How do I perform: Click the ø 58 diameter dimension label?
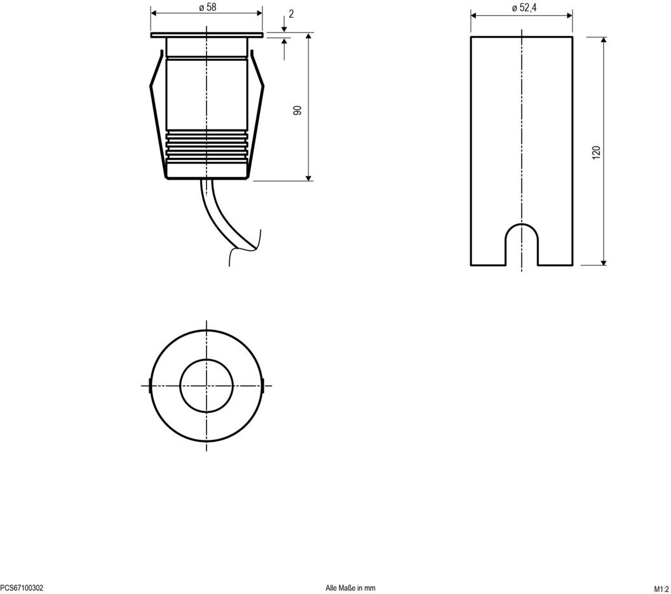208,7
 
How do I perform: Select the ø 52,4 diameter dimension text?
524,8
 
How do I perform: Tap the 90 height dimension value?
297,110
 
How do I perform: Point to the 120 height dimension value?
596,152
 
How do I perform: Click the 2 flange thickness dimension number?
291,14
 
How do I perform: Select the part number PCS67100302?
22,588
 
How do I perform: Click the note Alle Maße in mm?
351,588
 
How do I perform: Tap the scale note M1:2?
661,588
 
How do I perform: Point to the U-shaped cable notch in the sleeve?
522,224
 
